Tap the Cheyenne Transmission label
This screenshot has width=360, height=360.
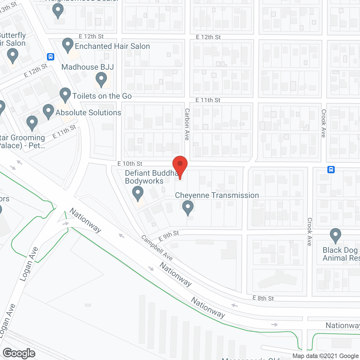click(217, 195)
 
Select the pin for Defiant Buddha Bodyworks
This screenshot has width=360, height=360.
click(138, 194)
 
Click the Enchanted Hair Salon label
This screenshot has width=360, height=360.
click(112, 46)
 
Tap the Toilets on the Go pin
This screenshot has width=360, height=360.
click(65, 94)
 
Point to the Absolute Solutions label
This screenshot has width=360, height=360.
click(88, 112)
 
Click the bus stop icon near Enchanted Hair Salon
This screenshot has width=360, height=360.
click(51, 57)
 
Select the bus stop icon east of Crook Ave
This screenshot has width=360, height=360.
click(331, 170)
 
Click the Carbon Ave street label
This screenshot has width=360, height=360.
click(187, 124)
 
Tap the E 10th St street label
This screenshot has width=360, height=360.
click(130, 164)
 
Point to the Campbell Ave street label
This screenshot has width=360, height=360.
click(157, 247)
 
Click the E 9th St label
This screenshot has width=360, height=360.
click(169, 236)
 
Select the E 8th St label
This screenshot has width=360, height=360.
click(263, 298)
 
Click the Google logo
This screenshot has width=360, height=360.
click(19, 353)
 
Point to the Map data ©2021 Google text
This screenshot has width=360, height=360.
click(326, 356)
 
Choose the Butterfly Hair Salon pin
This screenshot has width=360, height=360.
click(12, 55)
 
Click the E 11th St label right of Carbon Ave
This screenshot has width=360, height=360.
click(208, 100)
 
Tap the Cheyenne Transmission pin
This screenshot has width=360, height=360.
click(188, 207)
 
